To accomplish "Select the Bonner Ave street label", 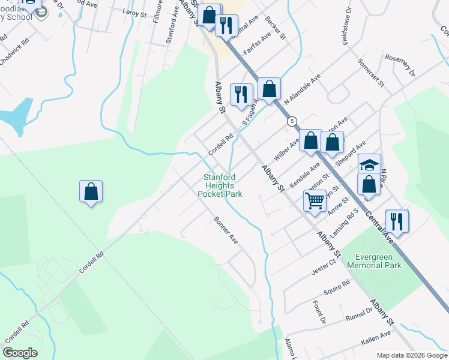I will tap(226, 230).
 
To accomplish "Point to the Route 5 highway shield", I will tap(292, 121).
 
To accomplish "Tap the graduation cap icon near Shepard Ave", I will tap(369, 164).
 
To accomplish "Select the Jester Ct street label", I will tap(324, 266).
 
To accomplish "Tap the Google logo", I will tap(20, 352).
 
